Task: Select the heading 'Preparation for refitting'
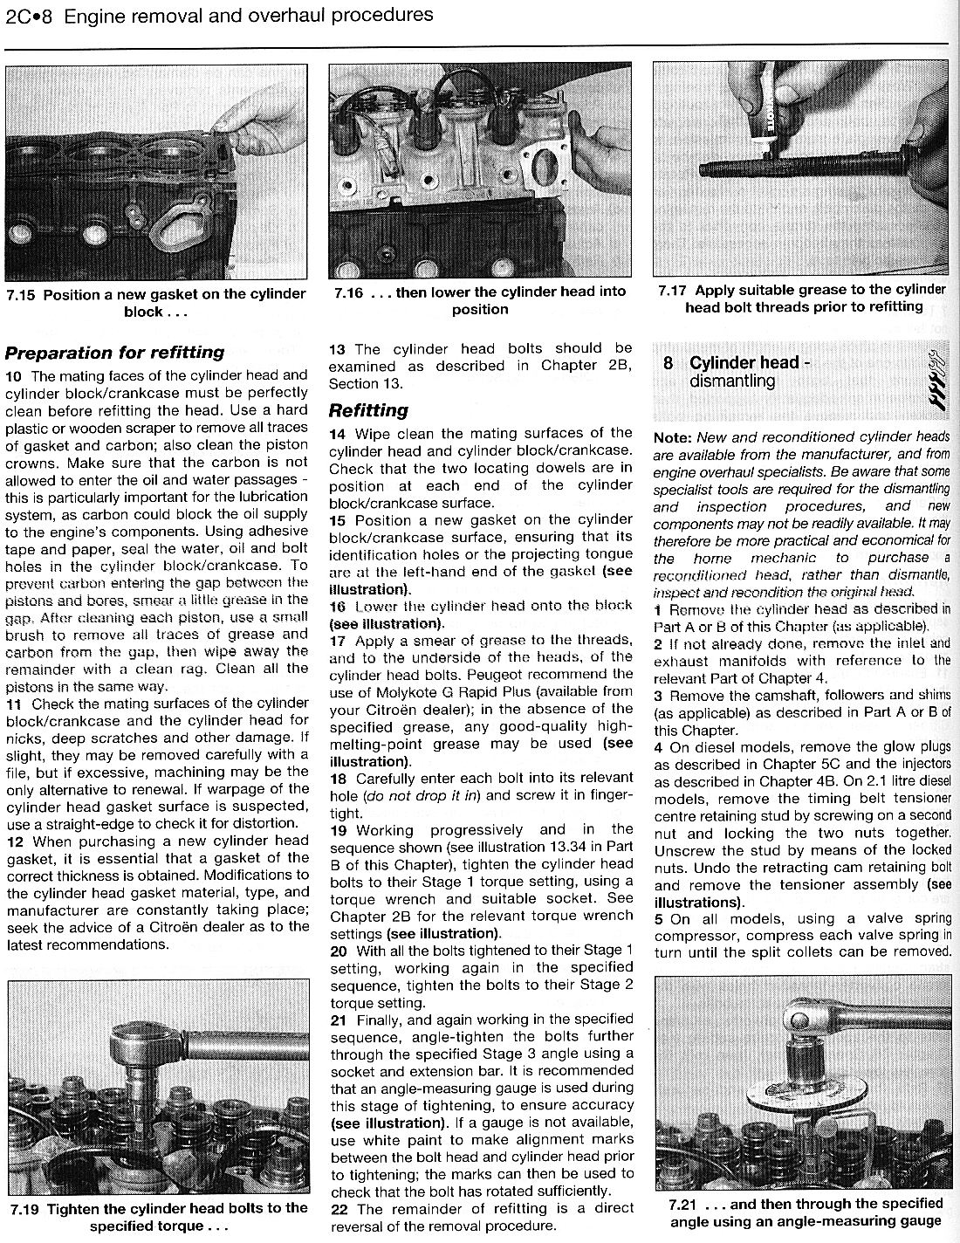pyautogui.click(x=114, y=353)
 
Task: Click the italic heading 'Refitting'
pyautogui.click(x=368, y=410)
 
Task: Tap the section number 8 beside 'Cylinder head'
pyautogui.click(x=668, y=363)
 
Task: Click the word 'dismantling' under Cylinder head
pyautogui.click(x=731, y=381)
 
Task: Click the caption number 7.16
pyautogui.click(x=348, y=292)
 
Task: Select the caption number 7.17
pyautogui.click(x=674, y=290)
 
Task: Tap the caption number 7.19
pyautogui.click(x=27, y=1208)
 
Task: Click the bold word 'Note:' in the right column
pyautogui.click(x=672, y=436)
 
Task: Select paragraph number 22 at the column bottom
pyautogui.click(x=340, y=1209)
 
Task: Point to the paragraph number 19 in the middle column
pyautogui.click(x=339, y=829)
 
